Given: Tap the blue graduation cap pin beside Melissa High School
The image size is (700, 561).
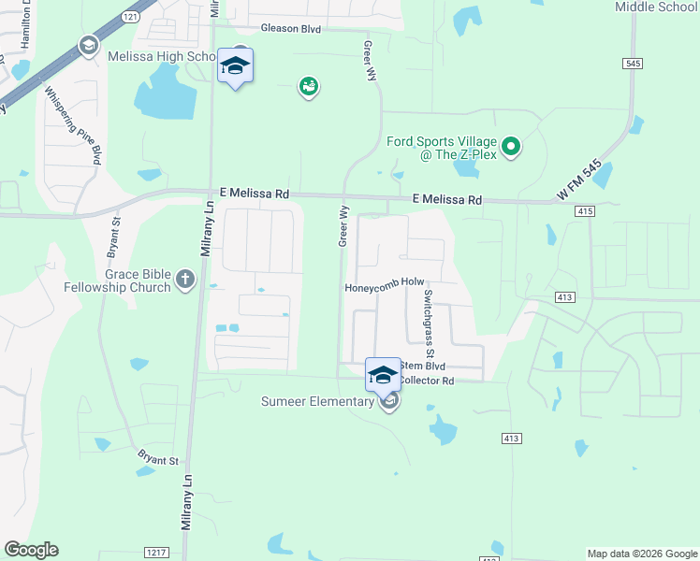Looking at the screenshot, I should [x=235, y=66].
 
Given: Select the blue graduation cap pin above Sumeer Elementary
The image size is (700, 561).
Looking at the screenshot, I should [x=382, y=376].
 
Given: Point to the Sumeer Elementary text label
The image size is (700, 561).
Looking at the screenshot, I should [x=318, y=403].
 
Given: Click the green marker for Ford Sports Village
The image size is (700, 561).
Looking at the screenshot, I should [x=511, y=147].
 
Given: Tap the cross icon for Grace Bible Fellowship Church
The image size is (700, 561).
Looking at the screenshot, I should [x=185, y=279].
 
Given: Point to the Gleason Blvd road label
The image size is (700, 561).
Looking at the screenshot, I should [x=291, y=29].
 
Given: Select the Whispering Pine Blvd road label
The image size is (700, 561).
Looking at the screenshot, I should [x=72, y=126].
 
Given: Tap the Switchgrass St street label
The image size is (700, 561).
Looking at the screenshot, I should [x=428, y=324].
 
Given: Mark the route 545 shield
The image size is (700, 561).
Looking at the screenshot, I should [x=634, y=63].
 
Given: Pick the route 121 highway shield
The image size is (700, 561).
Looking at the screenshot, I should [x=129, y=19].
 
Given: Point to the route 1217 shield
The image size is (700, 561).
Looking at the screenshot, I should [x=156, y=553].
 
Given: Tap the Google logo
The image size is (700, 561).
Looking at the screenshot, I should [x=31, y=550].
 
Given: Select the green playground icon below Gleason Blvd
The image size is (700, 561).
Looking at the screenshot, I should [x=308, y=87].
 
